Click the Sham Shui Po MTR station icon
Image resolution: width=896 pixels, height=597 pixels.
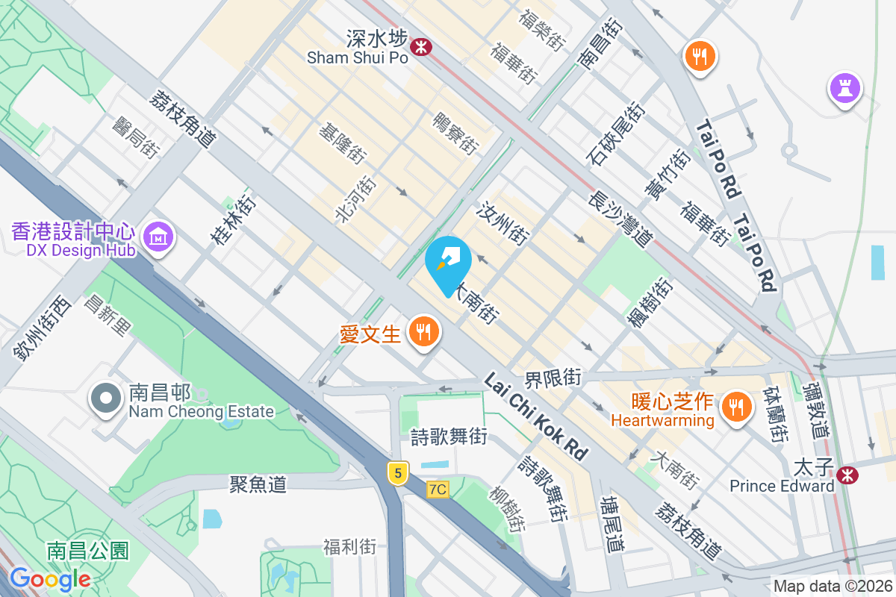coord(423,46)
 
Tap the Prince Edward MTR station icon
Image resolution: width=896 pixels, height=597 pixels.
coord(847,475)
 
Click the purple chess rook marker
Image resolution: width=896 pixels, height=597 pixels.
coord(845,90)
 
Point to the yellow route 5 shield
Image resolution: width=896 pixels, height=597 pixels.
coord(399,472)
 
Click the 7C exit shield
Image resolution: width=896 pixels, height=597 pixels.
coord(438,490)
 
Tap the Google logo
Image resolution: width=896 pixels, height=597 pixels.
coord(50,578)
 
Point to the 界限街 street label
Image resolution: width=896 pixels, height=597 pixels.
coord(553,378)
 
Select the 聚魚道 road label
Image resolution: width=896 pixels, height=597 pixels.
coord(258,484)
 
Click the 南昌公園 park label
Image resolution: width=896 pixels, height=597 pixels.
coord(88,551)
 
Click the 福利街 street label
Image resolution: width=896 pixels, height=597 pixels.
coord(349,548)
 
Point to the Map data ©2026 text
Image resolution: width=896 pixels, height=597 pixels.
coord(832,586)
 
